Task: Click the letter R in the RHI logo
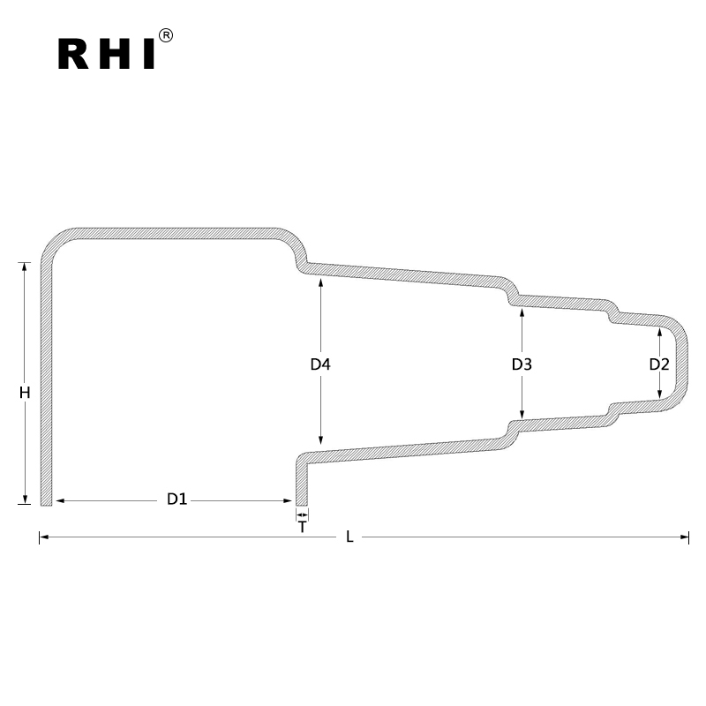(75, 53)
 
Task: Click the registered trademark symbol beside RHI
(166, 35)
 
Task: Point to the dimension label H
(26, 393)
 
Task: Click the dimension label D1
(177, 499)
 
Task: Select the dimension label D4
(320, 364)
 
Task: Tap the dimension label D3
(522, 364)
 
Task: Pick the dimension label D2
(659, 364)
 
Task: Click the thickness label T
(303, 527)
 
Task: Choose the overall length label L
(349, 537)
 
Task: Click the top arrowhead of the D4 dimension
(320, 282)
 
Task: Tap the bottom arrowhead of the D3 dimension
(522, 415)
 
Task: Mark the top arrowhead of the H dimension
(26, 267)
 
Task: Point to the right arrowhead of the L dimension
(684, 537)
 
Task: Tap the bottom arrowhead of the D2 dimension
(659, 394)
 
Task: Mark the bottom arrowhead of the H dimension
(26, 499)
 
